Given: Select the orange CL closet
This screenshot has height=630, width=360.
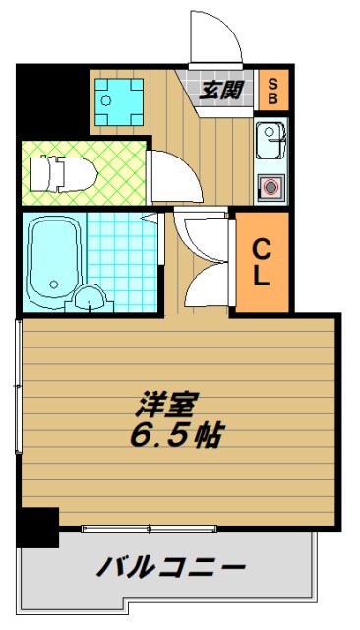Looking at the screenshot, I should click(261, 262).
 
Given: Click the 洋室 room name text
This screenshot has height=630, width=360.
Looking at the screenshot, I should click(170, 405).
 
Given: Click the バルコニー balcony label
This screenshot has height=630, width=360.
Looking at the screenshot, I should click(170, 567).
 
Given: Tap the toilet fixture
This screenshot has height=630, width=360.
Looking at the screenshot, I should click(62, 174).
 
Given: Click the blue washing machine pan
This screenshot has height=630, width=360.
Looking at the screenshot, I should click(119, 99).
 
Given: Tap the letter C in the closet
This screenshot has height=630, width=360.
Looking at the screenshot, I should click(261, 248).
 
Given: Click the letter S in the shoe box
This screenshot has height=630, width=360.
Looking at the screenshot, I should click(273, 82).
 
